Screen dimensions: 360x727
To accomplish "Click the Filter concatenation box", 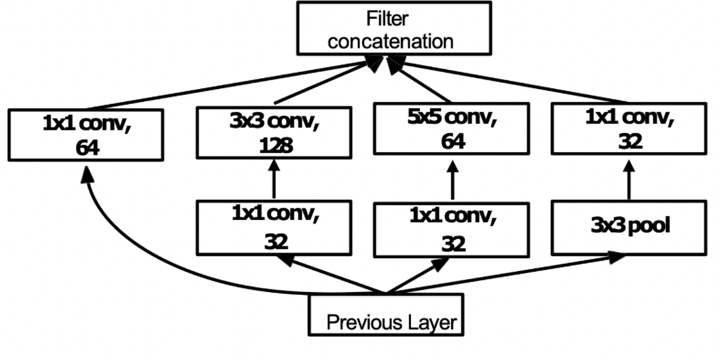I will click(x=394, y=28).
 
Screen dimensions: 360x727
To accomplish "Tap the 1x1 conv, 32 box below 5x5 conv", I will click(x=452, y=228).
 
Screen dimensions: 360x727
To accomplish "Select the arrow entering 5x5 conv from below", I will click(x=452, y=182).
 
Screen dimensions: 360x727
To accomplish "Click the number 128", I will click(x=274, y=146).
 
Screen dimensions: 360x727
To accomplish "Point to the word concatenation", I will click(x=391, y=40).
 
